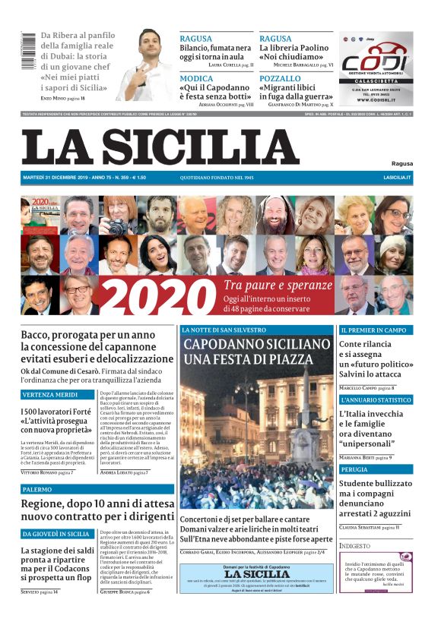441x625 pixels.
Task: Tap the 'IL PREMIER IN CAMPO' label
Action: [373, 331]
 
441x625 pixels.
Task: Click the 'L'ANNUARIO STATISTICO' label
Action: [376, 399]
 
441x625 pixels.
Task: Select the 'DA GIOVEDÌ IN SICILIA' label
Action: [57, 534]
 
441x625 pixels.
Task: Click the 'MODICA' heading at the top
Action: [197, 78]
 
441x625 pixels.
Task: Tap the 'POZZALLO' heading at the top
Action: [280, 78]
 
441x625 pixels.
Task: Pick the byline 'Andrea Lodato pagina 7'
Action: [124, 472]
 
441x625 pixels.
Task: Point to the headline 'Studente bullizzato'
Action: [375, 484]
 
